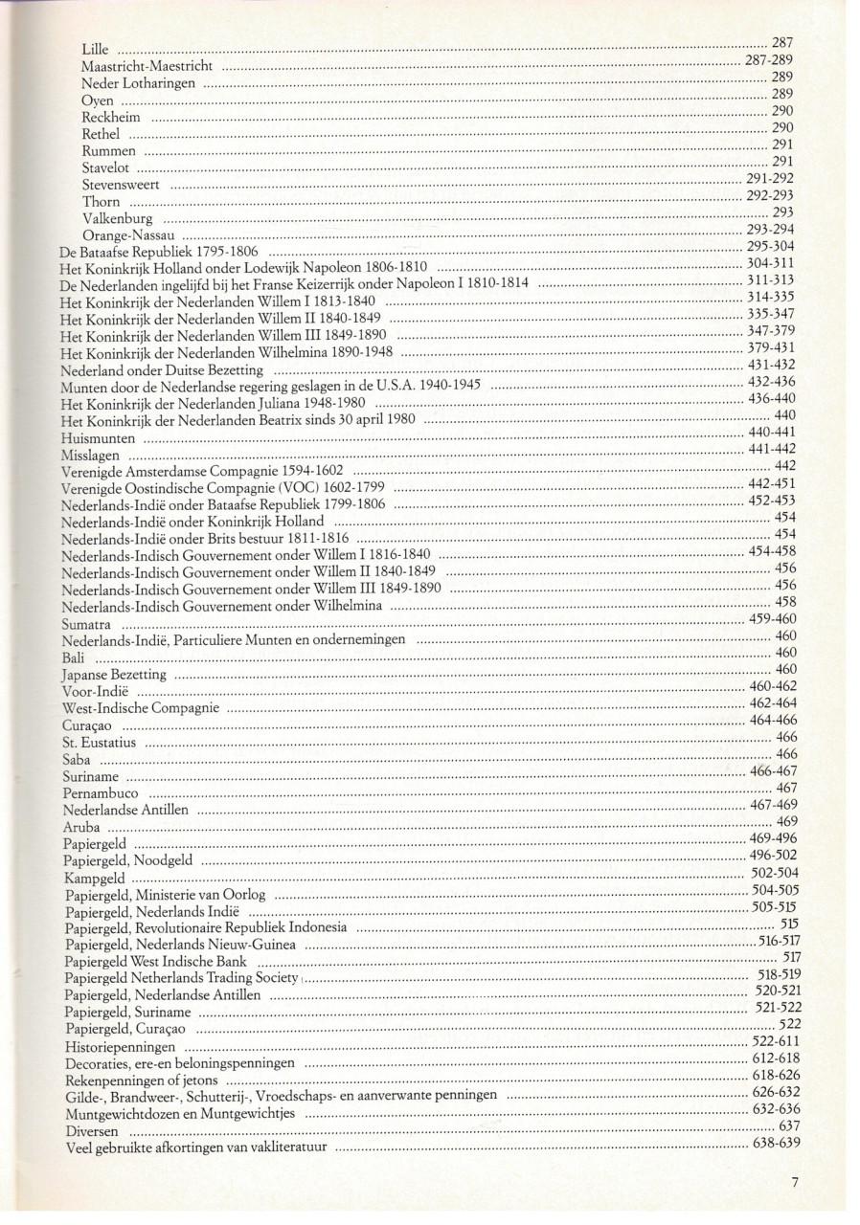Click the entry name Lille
[x=96, y=49]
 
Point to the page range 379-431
[x=771, y=348]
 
